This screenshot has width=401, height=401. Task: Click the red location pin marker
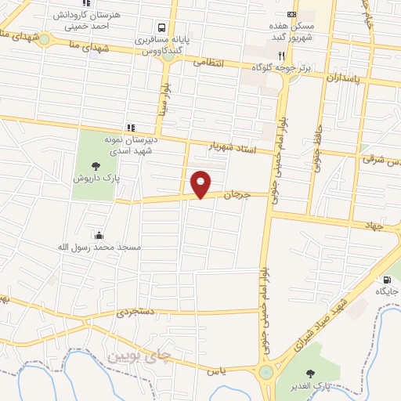201,184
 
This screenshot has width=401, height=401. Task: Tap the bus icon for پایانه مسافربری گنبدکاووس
161,26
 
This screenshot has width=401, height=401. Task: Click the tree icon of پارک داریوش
96,165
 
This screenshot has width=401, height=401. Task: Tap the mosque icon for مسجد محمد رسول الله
99,235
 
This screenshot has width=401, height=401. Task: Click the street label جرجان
235,195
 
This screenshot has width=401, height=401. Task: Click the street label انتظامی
208,62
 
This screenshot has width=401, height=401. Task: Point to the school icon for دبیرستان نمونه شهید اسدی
131,127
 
